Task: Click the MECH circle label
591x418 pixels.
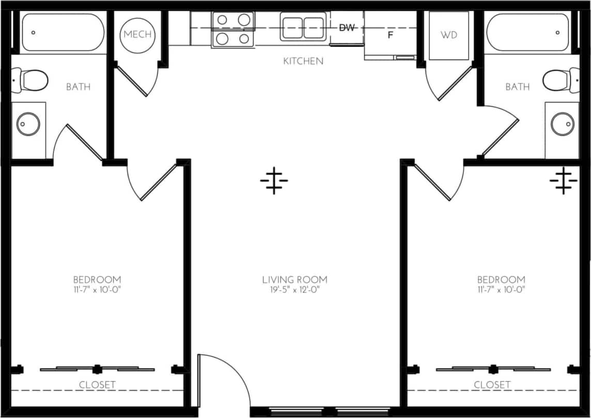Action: [x=138, y=35]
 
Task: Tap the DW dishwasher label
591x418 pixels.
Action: [x=347, y=28]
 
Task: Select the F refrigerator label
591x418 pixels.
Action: [x=391, y=36]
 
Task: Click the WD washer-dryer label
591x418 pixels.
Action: [x=448, y=35]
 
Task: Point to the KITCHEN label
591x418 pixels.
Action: [x=303, y=61]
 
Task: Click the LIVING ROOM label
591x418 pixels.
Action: [x=294, y=280]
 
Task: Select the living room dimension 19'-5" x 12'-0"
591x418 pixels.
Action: [x=294, y=290]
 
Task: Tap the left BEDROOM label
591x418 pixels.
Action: [x=97, y=280]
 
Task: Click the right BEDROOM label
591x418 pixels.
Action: [x=501, y=280]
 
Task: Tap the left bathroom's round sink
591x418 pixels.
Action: [x=28, y=124]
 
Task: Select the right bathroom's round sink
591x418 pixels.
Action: [x=562, y=124]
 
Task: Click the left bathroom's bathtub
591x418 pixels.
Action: [x=63, y=32]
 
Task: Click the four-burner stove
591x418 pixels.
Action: [x=232, y=29]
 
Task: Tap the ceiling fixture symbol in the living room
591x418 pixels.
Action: [x=274, y=181]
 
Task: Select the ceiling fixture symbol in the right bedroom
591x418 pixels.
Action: [x=563, y=181]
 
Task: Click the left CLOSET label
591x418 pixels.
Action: [x=97, y=385]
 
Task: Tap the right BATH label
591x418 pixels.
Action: [x=517, y=87]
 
